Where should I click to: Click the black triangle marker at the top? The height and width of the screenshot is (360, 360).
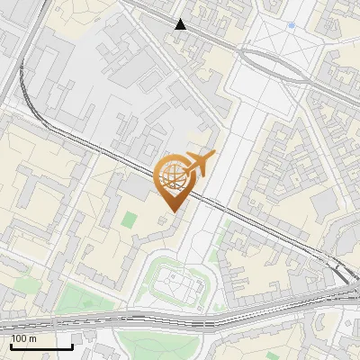click(181, 24)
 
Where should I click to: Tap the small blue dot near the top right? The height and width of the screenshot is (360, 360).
click(291, 25)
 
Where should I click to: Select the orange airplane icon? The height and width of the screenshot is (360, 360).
click(198, 164)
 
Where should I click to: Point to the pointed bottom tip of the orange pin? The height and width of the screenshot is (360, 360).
click(171, 211)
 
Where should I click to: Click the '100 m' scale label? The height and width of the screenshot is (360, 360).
click(23, 338)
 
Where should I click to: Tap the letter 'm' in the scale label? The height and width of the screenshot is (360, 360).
click(32, 338)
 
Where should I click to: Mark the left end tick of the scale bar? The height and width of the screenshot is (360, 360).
click(10, 346)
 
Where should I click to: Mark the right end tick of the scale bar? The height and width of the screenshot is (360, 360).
click(72, 346)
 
